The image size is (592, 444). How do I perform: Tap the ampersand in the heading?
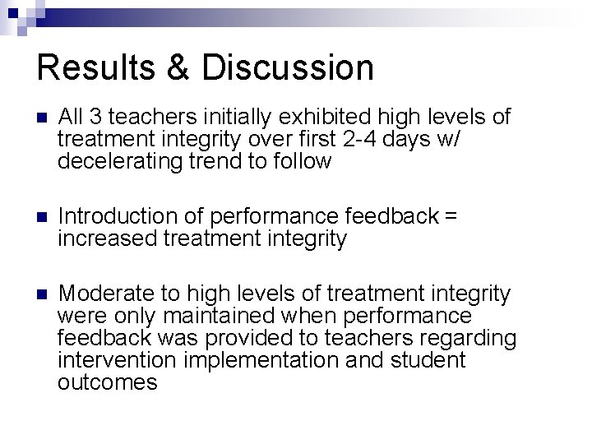pos(179,67)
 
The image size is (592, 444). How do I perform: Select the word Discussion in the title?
pos(289,67)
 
